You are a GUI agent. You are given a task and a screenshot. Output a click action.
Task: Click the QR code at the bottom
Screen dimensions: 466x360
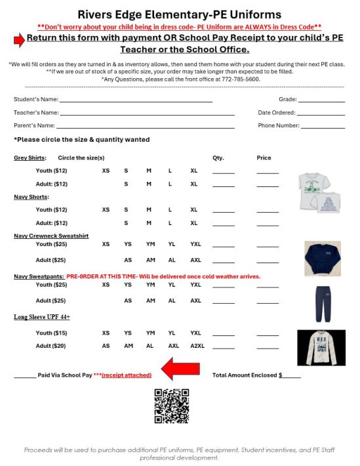[171, 406]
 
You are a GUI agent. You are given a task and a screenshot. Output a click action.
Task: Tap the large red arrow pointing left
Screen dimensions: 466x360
[181, 369]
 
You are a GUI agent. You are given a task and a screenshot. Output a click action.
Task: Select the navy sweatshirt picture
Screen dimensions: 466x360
[322, 258]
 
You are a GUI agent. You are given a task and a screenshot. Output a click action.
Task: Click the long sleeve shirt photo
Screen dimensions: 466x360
[321, 347]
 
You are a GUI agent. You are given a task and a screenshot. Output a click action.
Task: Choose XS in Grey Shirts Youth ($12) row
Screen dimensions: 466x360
[106, 171]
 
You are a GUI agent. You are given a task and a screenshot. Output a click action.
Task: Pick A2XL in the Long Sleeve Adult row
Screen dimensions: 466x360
[197, 345]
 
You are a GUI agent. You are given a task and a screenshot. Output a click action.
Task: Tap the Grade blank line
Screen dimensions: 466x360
[321, 100]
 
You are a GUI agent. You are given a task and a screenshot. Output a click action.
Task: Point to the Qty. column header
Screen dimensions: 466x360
[218, 158]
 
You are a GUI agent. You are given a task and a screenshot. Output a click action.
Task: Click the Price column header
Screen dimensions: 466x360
[264, 158]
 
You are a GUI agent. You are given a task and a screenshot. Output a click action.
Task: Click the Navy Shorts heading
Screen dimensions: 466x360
[31, 197]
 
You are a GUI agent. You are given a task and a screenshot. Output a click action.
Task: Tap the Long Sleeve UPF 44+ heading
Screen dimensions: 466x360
[42, 317]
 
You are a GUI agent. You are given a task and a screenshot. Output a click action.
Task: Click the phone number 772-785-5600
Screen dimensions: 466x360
[241, 79]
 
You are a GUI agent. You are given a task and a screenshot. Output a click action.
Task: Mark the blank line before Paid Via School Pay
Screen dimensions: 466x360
[25, 376]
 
